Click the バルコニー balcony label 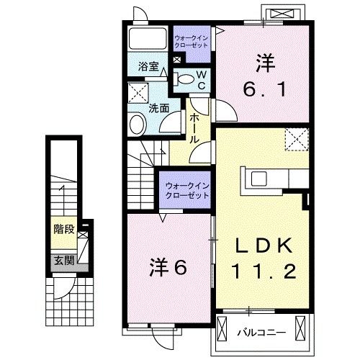click(x=261, y=333)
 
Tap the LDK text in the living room click(x=264, y=246)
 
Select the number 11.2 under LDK click(x=264, y=271)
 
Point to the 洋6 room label click(x=168, y=268)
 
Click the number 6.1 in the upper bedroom click(x=265, y=89)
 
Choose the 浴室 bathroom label click(x=148, y=66)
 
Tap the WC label click(x=202, y=81)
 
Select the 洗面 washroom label click(x=159, y=109)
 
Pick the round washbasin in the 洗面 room click(x=138, y=125)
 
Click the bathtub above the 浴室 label click(x=148, y=39)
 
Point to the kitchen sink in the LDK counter click(x=259, y=179)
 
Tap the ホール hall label click(x=194, y=129)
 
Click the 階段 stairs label click(x=64, y=230)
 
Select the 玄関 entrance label click(x=64, y=260)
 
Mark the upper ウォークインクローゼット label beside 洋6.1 click(x=191, y=42)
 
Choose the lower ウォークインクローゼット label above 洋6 click(x=187, y=191)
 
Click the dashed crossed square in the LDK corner click(x=297, y=140)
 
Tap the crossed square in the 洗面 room click(x=138, y=93)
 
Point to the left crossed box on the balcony click(x=222, y=328)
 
